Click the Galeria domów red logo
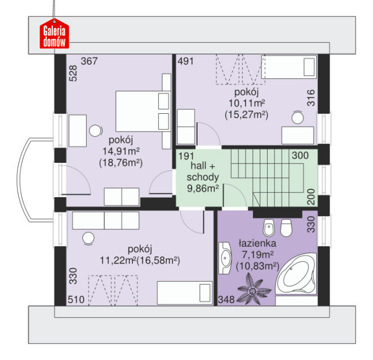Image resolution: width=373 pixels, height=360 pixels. point(54,34)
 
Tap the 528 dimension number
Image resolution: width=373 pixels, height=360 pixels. point(73,73)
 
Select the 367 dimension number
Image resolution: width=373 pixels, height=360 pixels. point(89,61)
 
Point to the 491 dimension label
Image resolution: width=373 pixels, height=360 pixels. point(185,61)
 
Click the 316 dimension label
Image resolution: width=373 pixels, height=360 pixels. point(311,97)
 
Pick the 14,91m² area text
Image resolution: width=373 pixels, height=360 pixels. point(121,151)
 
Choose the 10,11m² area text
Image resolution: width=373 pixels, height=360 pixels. point(247,103)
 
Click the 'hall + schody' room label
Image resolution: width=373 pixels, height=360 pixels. point(203,171)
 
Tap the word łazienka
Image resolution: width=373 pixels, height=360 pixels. point(257,243)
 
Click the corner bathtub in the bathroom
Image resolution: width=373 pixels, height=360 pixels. point(296,274)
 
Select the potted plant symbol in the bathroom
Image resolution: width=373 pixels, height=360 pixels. point(254,289)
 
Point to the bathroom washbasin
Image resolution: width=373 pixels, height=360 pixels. point(225,258)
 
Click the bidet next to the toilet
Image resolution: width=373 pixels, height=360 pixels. point(269,228)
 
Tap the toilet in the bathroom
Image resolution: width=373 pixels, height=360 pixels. point(286,228)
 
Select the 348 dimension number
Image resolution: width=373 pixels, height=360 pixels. point(227,300)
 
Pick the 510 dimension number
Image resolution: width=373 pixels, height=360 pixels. point(76,300)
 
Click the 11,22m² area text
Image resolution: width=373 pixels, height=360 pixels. point(118,261)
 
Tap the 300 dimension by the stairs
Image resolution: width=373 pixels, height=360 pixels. point(300,155)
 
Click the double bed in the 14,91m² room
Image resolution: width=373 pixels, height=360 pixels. point(143,112)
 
